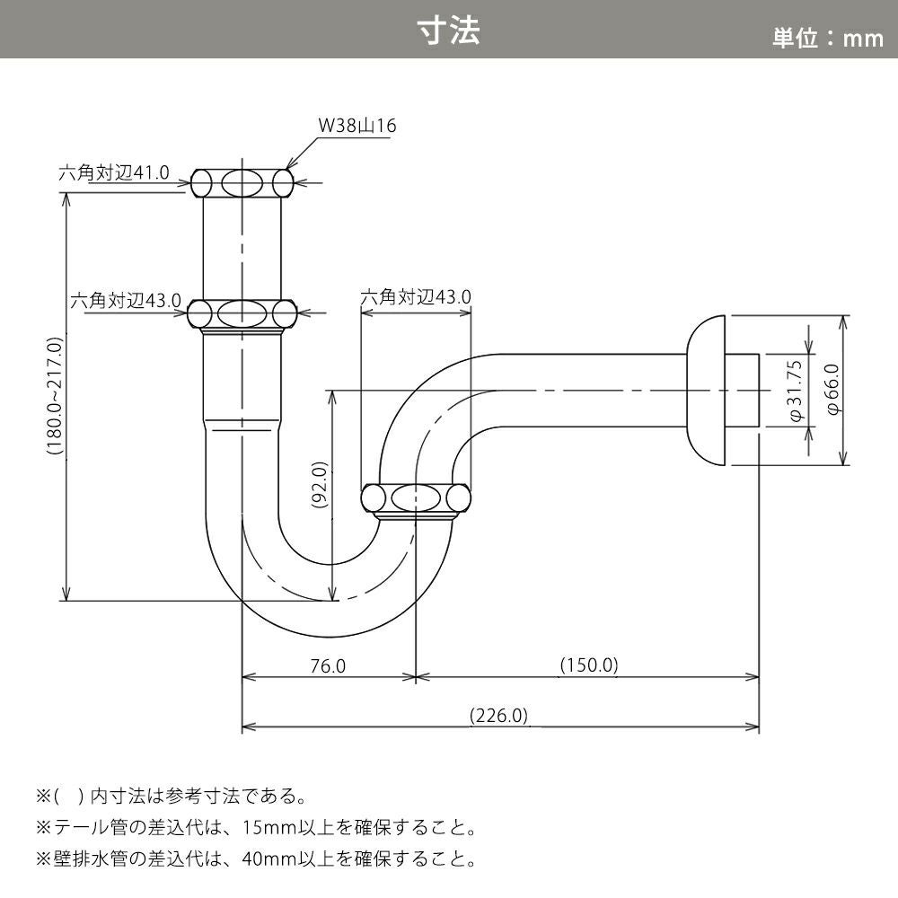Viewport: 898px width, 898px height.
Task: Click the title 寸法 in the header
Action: (449, 30)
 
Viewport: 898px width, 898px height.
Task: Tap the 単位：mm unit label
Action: (828, 38)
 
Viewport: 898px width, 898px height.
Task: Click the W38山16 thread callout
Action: (357, 126)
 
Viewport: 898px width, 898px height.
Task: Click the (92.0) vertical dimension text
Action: (321, 486)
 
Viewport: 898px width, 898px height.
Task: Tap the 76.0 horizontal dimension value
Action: (328, 665)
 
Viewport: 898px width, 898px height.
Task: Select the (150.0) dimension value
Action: (589, 665)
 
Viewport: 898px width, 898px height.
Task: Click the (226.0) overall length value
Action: (499, 716)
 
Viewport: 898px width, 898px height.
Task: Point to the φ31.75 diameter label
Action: (795, 392)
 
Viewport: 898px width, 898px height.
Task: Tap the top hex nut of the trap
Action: (243, 184)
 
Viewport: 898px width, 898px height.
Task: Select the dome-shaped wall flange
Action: (706, 391)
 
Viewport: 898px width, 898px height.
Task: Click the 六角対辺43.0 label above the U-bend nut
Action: (416, 296)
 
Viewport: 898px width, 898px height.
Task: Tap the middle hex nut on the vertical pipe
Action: (243, 313)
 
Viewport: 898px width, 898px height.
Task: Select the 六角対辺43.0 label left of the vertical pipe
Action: (127, 301)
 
